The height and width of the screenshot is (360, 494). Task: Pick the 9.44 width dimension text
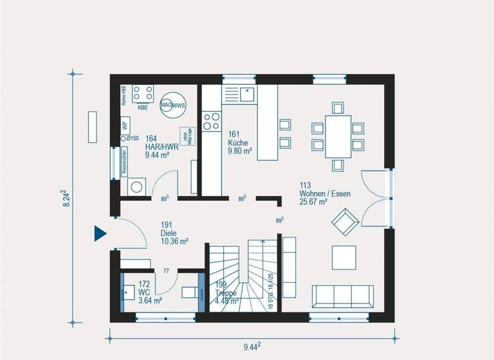[252, 347]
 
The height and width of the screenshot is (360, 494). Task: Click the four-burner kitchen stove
[211, 122]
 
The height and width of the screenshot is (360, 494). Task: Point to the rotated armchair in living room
[345, 222]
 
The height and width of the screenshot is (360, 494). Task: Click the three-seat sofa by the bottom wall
[342, 296]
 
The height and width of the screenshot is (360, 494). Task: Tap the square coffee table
[343, 258]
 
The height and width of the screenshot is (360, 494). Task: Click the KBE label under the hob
[143, 108]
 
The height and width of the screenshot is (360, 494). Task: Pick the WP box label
[125, 125]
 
